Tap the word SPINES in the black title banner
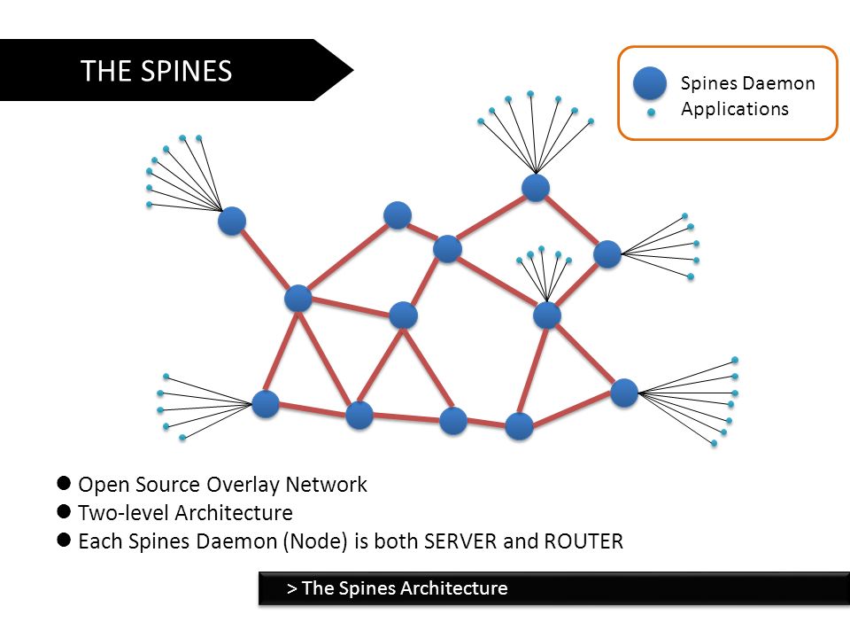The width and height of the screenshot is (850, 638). click(186, 71)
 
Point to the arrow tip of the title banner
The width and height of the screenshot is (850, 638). click(353, 70)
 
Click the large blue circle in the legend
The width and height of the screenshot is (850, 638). click(649, 83)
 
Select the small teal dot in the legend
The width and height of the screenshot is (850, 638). click(651, 113)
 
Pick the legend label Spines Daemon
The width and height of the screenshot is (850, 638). click(747, 83)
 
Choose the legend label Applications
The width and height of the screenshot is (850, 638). click(735, 109)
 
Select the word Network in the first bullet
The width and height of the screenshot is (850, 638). click(327, 485)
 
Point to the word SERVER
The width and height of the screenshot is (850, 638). click(460, 541)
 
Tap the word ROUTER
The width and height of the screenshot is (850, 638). click(583, 541)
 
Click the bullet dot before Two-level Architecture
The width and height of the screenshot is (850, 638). click(64, 511)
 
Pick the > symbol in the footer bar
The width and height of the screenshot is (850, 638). click(291, 588)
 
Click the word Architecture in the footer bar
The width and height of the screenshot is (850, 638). click(454, 588)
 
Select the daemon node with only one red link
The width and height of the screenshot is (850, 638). click(231, 221)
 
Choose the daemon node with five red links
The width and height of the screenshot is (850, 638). click(298, 298)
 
